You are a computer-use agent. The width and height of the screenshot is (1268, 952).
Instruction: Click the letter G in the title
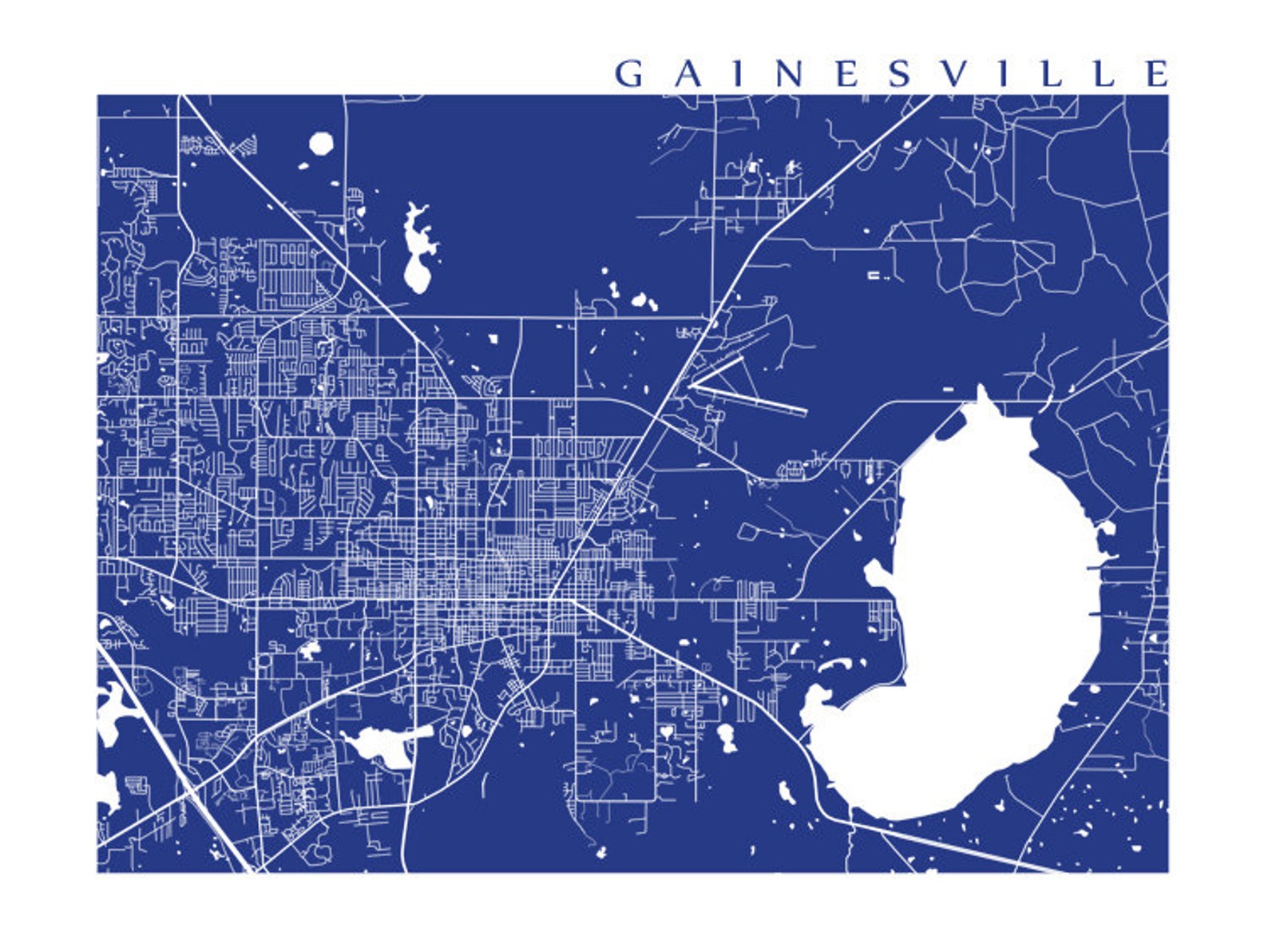(628, 74)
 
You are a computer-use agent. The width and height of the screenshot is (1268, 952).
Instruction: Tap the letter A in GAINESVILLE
(687, 74)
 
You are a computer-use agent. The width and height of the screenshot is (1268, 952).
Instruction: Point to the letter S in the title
(899, 74)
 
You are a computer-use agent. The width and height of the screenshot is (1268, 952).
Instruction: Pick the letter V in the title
(951, 74)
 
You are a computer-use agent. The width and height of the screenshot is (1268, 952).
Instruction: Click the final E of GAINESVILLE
(1156, 74)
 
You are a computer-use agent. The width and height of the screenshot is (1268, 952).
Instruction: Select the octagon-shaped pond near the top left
(321, 144)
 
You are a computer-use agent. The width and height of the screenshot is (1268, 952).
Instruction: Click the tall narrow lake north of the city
(417, 252)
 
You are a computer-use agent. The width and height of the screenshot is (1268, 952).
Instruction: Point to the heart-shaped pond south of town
(666, 730)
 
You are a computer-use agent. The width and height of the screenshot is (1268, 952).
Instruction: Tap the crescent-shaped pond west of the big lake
(835, 664)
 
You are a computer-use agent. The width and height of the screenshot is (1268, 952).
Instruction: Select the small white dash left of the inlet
(948, 389)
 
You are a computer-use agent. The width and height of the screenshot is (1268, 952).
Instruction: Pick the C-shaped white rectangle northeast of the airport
(876, 275)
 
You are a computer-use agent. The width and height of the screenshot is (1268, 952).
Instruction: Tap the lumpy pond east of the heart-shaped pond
(727, 737)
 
